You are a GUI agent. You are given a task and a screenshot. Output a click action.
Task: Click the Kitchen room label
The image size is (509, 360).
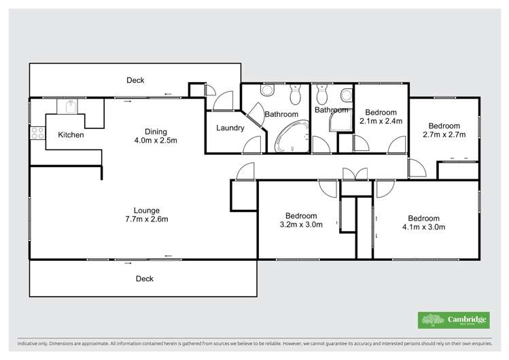point(71,135)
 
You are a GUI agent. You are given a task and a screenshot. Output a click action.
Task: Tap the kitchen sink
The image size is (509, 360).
point(70,106)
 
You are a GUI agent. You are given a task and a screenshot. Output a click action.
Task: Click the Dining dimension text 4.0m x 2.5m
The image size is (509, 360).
point(156,141)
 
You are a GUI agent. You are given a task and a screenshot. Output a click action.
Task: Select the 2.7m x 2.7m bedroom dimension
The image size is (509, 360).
point(444,135)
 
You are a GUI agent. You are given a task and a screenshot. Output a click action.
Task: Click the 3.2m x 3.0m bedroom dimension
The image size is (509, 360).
point(301,223)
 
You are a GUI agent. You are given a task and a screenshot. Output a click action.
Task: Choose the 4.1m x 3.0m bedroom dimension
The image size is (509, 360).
point(423,227)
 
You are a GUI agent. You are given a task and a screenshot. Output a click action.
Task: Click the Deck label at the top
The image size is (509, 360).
point(135,80)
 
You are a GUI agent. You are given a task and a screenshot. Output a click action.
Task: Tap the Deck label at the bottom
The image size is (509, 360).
point(144,278)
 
